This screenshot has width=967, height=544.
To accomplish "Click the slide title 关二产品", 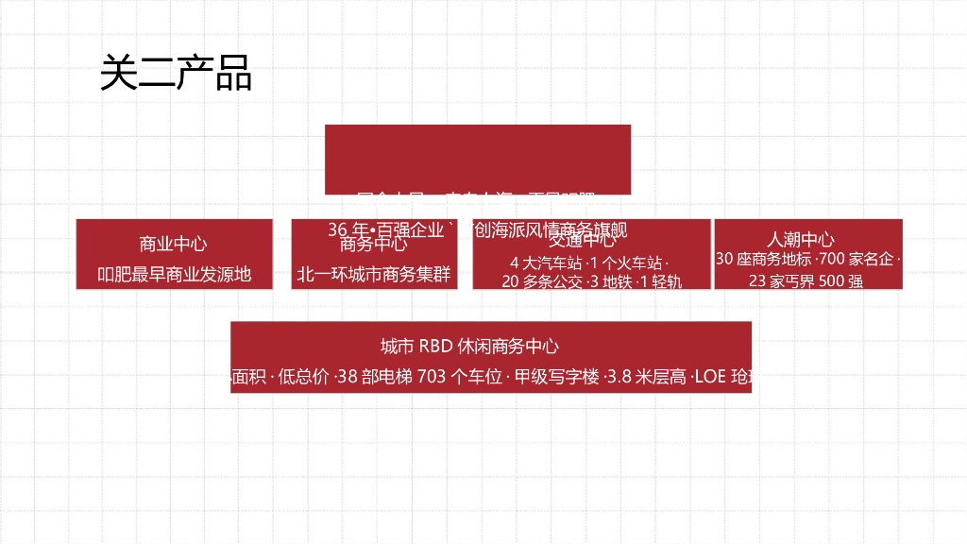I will click(x=176, y=73).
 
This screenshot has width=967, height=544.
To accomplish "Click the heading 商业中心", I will click(x=174, y=244).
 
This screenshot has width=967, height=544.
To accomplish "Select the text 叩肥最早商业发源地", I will click(x=175, y=275).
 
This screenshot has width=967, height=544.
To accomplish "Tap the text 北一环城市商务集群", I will click(x=374, y=275).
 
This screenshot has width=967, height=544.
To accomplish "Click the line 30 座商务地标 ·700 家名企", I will click(x=807, y=259).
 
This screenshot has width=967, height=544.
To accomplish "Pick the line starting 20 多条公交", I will click(x=591, y=281).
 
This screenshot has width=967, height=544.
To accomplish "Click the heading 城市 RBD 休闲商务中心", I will click(x=469, y=347).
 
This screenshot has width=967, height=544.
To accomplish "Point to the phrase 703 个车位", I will click(x=459, y=378).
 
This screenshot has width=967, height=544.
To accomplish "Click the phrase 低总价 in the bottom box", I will click(x=306, y=378).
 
